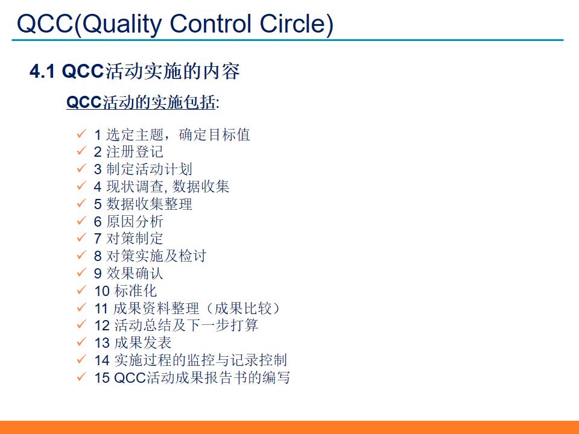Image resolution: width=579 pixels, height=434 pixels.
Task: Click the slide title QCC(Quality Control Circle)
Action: point(175,24)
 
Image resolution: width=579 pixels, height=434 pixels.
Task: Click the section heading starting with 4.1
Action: point(135,72)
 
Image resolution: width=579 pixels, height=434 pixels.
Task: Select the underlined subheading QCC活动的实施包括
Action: point(142,102)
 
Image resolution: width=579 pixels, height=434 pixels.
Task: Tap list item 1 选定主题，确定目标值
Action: point(171,134)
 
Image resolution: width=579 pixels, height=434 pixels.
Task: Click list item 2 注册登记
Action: point(128,152)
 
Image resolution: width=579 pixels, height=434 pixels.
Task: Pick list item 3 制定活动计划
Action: point(143,169)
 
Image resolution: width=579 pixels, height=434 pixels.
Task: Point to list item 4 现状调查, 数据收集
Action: point(161,187)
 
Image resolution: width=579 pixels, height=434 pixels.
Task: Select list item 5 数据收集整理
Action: point(143,204)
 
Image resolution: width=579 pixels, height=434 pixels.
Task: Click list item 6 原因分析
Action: point(128,221)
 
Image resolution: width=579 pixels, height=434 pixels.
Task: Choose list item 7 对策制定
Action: point(128,239)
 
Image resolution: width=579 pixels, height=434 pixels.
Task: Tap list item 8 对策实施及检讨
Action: point(150,256)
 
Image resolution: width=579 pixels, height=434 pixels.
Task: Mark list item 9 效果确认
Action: point(128,274)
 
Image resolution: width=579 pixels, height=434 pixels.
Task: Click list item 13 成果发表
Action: point(133,343)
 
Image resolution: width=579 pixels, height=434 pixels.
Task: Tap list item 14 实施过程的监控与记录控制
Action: point(191,360)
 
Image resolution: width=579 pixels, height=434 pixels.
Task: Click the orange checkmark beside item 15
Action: point(81,377)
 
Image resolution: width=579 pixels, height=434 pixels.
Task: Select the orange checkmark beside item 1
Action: point(81,134)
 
